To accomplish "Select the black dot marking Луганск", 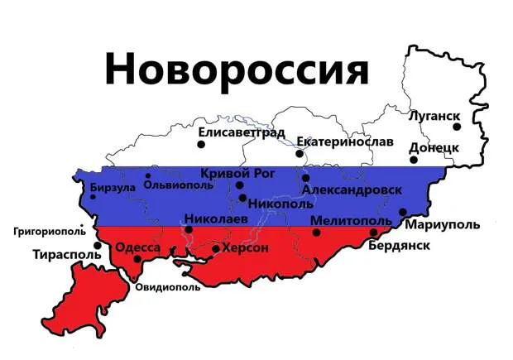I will pos(456,127).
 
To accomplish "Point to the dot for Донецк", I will pos(413,160).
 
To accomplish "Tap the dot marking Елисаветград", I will pos(200,145).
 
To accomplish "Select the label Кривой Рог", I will pos(239,172).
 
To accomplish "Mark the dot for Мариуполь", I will pos(403,212).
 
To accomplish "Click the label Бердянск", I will pos(399,246).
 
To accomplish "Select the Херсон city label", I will pos(247,247).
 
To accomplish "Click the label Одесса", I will pos(137,247).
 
